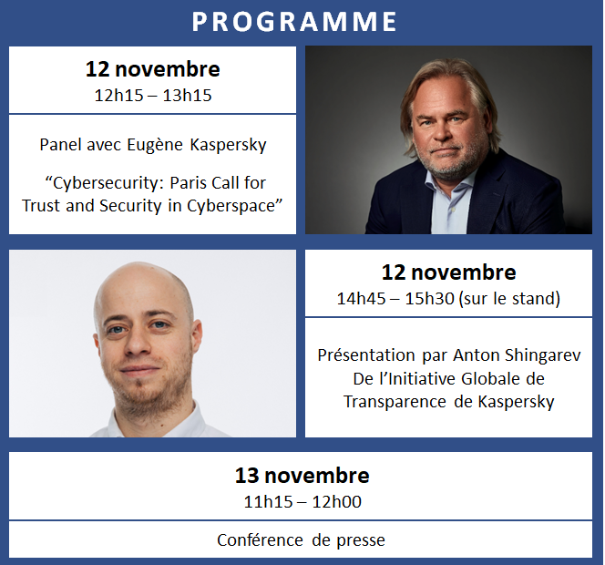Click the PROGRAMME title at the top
pos(294,21)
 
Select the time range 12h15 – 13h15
pos(153,96)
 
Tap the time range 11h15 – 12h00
pos(302,502)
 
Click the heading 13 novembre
pos(302,475)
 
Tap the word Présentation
pos(366,355)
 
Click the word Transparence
pos(395,402)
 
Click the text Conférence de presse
pos(301,540)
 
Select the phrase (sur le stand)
pos(509,298)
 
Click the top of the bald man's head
pos(144,263)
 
